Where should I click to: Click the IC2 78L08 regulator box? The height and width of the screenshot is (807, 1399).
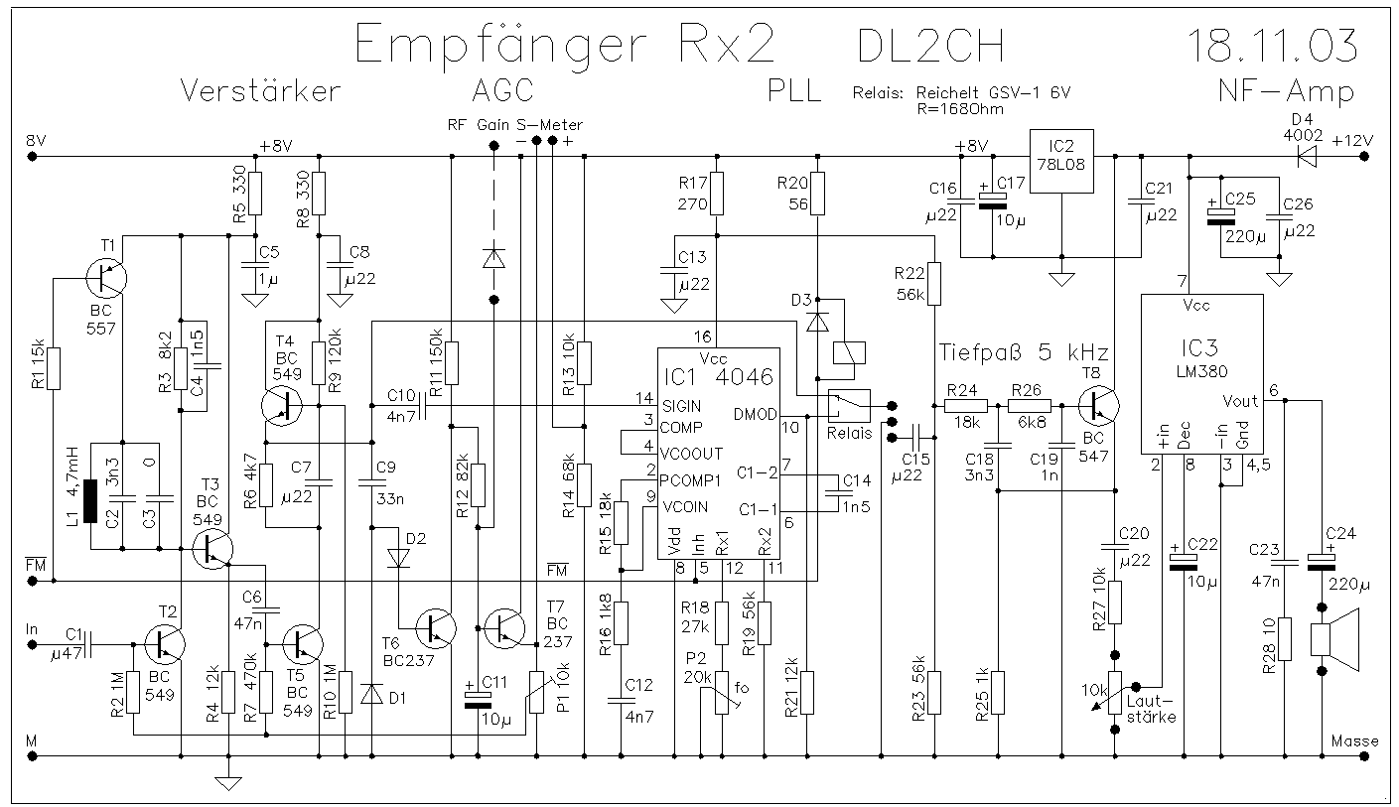pyautogui.click(x=1061, y=161)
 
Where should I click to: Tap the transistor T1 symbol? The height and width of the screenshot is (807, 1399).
pyautogui.click(x=104, y=279)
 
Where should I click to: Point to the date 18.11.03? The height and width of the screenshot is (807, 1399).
pyautogui.click(x=1272, y=47)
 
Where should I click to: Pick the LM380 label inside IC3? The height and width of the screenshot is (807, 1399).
pyautogui.click(x=1202, y=371)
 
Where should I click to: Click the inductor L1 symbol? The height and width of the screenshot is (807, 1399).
pyautogui.click(x=89, y=501)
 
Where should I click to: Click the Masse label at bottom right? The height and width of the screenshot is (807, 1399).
pyautogui.click(x=1354, y=741)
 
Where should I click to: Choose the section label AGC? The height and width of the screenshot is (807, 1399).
pyautogui.click(x=501, y=90)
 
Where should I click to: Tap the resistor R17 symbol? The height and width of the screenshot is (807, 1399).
pyautogui.click(x=718, y=192)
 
